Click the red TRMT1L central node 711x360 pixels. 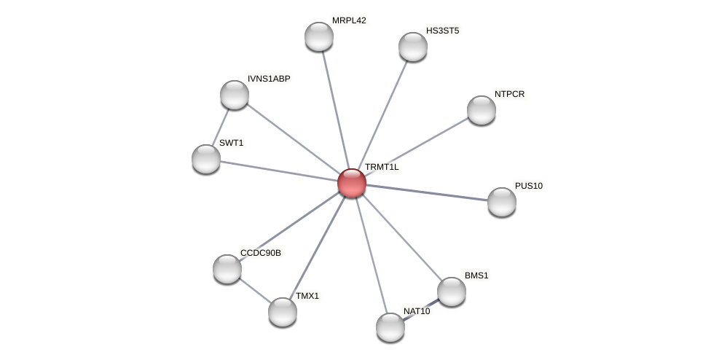352,183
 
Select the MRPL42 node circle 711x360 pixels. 319,36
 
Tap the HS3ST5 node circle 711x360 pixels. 413,47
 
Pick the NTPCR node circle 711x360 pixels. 482,110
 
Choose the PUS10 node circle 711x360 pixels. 502,202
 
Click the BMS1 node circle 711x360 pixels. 452,291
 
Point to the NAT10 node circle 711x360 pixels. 390,327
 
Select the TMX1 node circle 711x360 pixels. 283,312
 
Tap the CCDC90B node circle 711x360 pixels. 227,269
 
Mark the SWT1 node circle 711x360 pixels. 206,159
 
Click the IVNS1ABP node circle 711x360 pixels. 235,95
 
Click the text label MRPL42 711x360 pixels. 349,20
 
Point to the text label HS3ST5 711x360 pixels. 442,31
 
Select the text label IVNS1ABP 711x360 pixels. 269,79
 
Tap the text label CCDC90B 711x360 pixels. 260,253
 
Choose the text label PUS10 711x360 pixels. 528,186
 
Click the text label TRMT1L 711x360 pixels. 382,167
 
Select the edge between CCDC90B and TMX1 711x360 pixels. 255,290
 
